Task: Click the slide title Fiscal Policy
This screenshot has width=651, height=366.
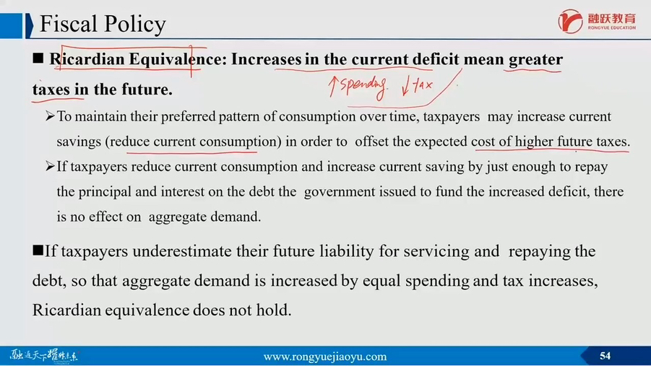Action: (x=103, y=24)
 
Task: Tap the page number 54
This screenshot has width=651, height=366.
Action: (x=605, y=356)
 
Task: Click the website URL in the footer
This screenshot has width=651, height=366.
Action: (x=325, y=357)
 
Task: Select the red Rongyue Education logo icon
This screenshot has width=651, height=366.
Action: (x=570, y=21)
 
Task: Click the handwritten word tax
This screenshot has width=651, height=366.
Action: (x=423, y=85)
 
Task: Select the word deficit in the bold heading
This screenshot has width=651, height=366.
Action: (x=436, y=59)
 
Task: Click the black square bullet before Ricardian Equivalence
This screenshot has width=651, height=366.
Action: (x=38, y=58)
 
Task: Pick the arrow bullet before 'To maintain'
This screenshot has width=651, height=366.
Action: (x=51, y=116)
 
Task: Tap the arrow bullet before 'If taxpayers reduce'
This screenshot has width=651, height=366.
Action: (x=51, y=167)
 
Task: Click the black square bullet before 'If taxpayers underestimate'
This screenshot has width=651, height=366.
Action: (x=38, y=250)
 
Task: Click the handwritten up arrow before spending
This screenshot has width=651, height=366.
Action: (x=332, y=87)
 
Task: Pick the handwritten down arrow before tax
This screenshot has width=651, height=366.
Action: (x=406, y=85)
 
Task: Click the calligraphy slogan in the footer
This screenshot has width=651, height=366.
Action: (x=43, y=356)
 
